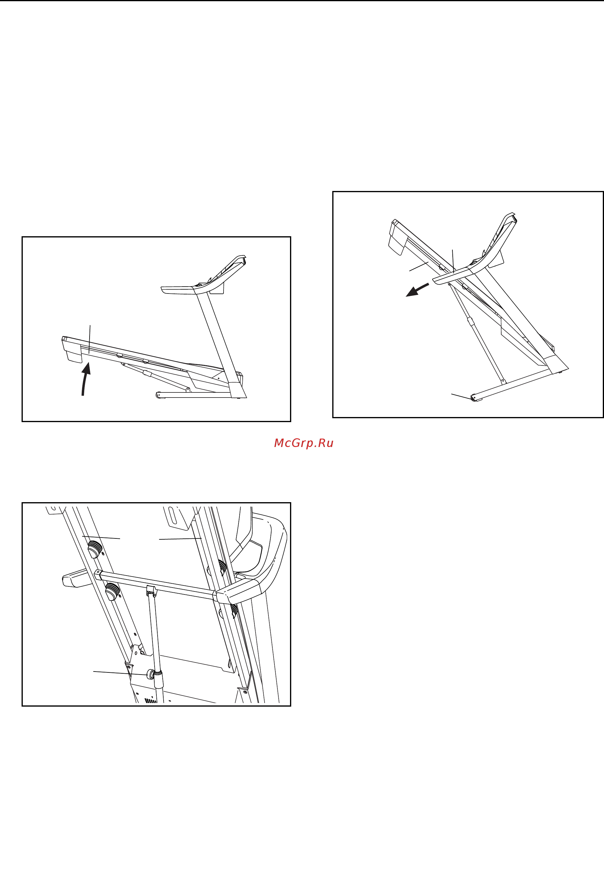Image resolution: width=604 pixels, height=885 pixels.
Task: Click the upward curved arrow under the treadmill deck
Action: tap(85, 379)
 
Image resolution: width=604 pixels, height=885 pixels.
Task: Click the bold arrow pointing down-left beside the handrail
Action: tap(417, 290)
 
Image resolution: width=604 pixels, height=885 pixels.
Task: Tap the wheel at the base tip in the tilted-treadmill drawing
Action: tap(474, 398)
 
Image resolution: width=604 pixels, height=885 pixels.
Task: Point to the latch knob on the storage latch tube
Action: tap(152, 674)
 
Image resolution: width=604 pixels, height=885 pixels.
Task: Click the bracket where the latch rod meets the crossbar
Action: tap(152, 591)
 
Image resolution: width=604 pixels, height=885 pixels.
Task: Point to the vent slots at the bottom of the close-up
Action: tap(151, 700)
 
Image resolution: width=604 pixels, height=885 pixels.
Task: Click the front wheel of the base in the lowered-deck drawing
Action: tap(158, 395)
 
